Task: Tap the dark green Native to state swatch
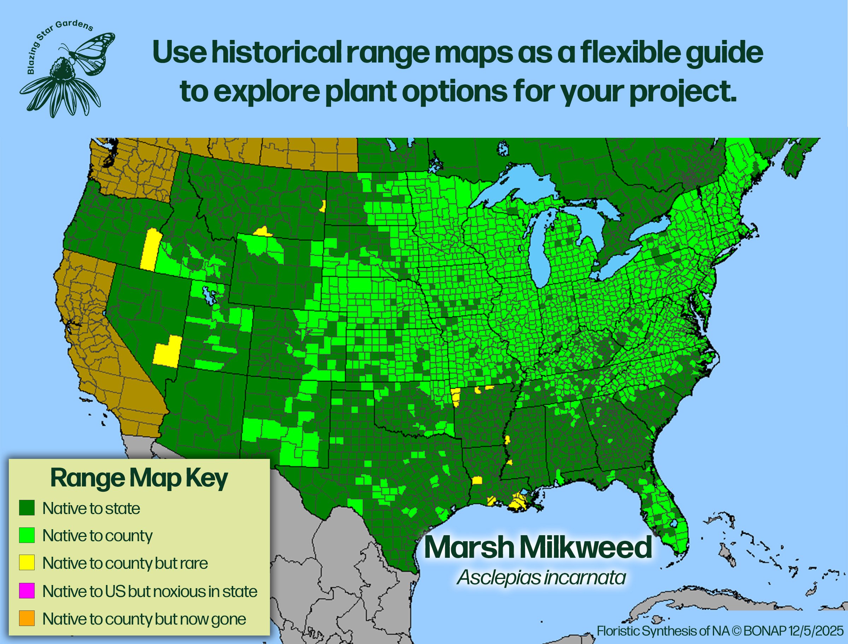[27, 508]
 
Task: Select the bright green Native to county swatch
[27, 535]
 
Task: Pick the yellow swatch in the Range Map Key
[27, 563]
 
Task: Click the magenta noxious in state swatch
[27, 591]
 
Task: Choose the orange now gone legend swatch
[27, 618]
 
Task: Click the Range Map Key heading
[139, 479]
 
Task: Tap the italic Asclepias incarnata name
[541, 577]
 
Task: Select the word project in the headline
[682, 92]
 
